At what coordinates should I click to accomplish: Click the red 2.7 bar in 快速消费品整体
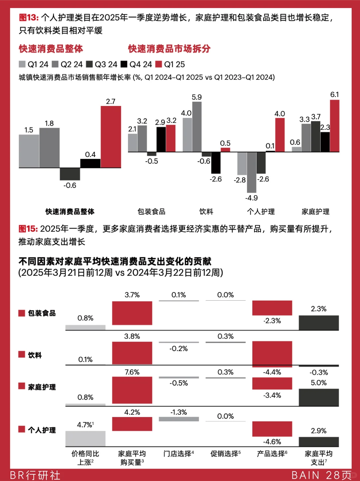pyautogui.click(x=111, y=137)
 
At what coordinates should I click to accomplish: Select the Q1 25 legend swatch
pyautogui.click(x=159, y=64)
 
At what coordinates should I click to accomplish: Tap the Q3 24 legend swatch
pyautogui.click(x=89, y=64)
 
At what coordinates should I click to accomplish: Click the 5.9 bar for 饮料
pyautogui.click(x=197, y=127)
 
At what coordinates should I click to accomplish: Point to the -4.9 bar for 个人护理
pyautogui.click(x=251, y=172)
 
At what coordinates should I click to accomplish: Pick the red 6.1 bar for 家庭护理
pyautogui.click(x=334, y=126)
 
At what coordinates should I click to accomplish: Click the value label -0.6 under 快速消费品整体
pyautogui.click(x=70, y=185)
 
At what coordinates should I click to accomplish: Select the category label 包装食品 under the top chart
pyautogui.click(x=151, y=212)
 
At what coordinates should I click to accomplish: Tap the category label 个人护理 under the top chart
pyautogui.click(x=261, y=212)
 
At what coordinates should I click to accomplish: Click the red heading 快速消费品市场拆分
pyautogui.click(x=169, y=49)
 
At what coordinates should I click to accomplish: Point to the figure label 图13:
pyautogui.click(x=29, y=18)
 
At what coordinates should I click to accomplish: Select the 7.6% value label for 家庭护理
pyautogui.click(x=132, y=372)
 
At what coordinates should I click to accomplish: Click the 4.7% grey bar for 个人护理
pyautogui.click(x=85, y=439)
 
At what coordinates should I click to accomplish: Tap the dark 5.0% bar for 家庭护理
pyautogui.click(x=319, y=397)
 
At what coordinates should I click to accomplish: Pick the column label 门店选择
pyautogui.click(x=178, y=454)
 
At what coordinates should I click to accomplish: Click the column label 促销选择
pyautogui.click(x=225, y=454)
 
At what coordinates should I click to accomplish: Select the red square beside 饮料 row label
pyautogui.click(x=22, y=354)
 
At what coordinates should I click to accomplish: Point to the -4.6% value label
pyautogui.click(x=272, y=442)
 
